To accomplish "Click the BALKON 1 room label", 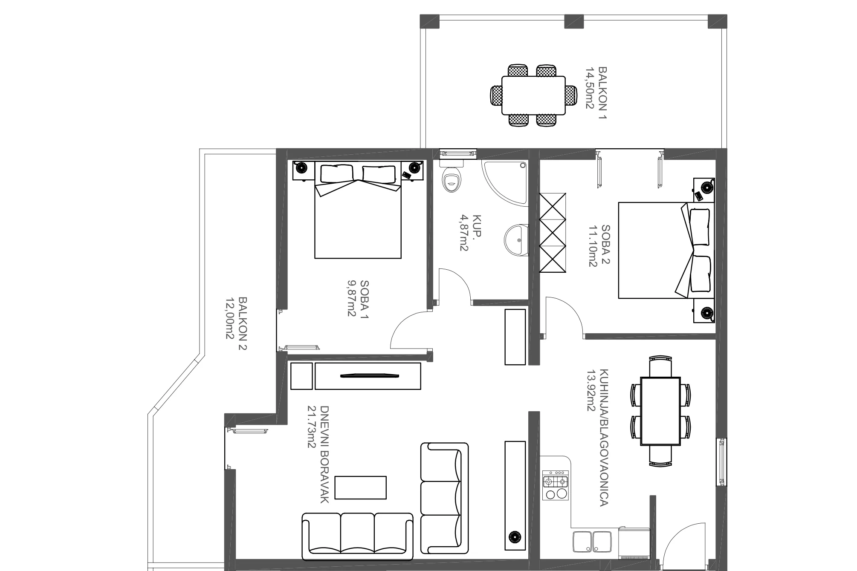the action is pyautogui.click(x=602, y=93).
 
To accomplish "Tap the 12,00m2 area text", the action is pyautogui.click(x=230, y=318).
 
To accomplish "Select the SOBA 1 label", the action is pyautogui.click(x=365, y=299).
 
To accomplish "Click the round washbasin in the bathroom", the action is pyautogui.click(x=517, y=241).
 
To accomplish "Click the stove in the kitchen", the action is pyautogui.click(x=556, y=485).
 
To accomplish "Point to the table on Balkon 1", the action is pyautogui.click(x=533, y=95).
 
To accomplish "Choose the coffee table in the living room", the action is pyautogui.click(x=361, y=487).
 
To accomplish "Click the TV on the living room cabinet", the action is pyautogui.click(x=370, y=375).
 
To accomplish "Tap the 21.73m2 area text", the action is pyautogui.click(x=312, y=427).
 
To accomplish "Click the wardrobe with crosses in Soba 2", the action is pyautogui.click(x=553, y=233).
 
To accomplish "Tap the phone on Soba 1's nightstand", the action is pyautogui.click(x=406, y=174).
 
